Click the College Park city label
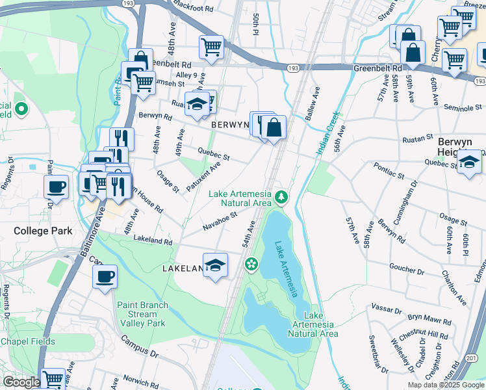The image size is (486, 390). (x=43, y=231)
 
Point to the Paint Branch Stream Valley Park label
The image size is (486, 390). (x=142, y=314)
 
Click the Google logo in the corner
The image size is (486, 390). (x=21, y=382)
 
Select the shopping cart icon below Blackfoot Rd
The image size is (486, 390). (x=211, y=47)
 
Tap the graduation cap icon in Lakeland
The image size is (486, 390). (x=216, y=265)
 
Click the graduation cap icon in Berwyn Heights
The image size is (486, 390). (x=469, y=162)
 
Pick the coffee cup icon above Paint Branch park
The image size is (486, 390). (x=105, y=278)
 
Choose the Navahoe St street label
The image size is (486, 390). (x=220, y=220)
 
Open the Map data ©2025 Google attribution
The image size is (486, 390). (x=445, y=384)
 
